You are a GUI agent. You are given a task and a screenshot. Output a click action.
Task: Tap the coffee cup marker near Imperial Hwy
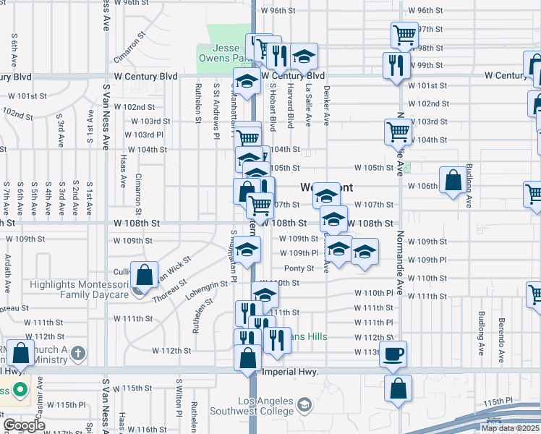(x=393, y=354)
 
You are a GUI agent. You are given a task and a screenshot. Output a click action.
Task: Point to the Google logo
(x=24, y=425)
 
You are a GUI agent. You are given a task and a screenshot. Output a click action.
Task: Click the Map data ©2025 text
(x=510, y=428)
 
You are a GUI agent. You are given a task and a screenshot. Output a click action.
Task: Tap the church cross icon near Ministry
(x=80, y=354)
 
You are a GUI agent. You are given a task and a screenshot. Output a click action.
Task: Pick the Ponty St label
(x=298, y=268)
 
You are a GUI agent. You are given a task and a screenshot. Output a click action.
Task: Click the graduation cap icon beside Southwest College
(x=304, y=404)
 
